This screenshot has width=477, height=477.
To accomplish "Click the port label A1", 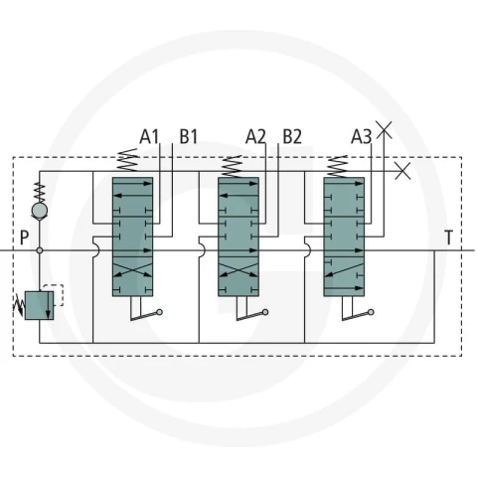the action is pyautogui.click(x=149, y=136).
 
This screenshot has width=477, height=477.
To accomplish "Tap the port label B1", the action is pyautogui.click(x=189, y=136).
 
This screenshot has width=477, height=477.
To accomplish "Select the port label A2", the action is pyautogui.click(x=255, y=136).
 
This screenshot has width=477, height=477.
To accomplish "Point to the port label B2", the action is pyautogui.click(x=292, y=136).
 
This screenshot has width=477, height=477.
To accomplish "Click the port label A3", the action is pyautogui.click(x=362, y=136).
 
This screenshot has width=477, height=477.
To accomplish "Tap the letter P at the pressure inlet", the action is pyautogui.click(x=24, y=238).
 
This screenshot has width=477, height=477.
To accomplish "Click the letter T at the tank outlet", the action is pyautogui.click(x=448, y=238).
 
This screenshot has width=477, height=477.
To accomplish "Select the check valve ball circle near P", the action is pyautogui.click(x=40, y=211).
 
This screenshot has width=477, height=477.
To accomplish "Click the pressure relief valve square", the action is pyautogui.click(x=39, y=305).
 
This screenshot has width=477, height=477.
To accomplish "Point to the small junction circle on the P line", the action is pyautogui.click(x=40, y=250).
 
